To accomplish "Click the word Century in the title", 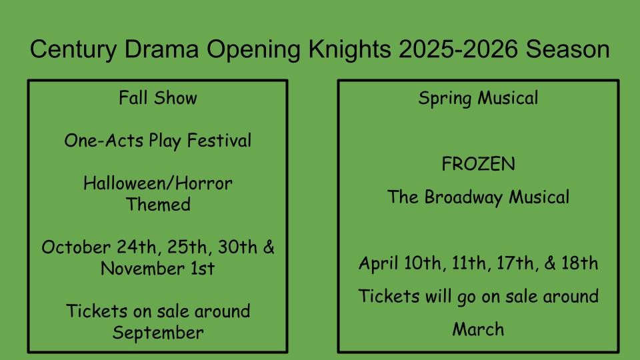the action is click(73, 50).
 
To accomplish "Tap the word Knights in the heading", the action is click(350, 50).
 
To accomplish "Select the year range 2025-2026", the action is click(458, 49).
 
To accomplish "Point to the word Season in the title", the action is click(567, 49).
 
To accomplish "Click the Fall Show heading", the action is click(158, 98).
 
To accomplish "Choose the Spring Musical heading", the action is click(479, 99).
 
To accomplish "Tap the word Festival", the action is click(219, 141).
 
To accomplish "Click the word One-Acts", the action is click(104, 141).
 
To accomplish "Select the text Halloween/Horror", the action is click(158, 183).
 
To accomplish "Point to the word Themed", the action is click(158, 205).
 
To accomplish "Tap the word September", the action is click(158, 333).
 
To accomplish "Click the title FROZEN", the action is click(479, 164).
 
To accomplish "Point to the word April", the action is click(379, 263).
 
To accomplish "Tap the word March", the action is click(479, 329).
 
